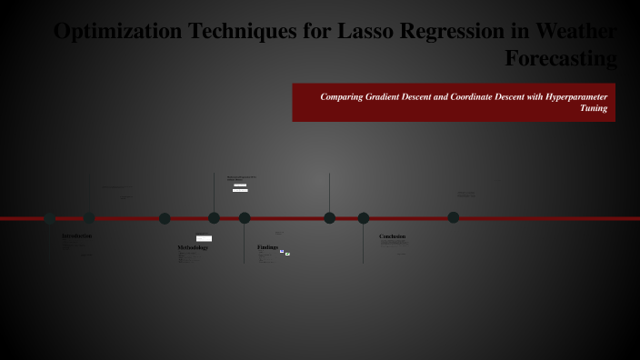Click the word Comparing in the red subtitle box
(343, 96)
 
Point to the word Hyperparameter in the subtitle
(575, 96)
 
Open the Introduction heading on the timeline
(76, 236)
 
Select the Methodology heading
(193, 247)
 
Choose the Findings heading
(267, 247)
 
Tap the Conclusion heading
(392, 236)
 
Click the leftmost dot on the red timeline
(50, 218)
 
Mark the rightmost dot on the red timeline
(454, 218)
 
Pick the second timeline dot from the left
(89, 218)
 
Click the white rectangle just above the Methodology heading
(204, 238)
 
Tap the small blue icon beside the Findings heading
(282, 251)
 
